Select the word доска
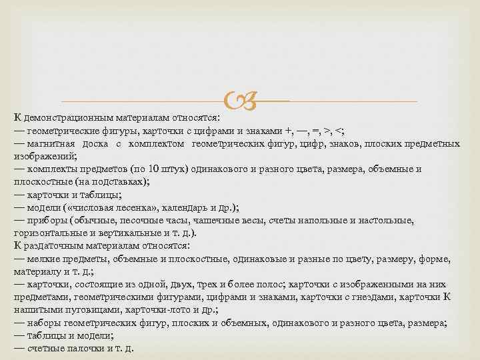point(95,144)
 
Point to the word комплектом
point(153,144)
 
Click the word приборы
point(47,220)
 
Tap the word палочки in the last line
point(85,348)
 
